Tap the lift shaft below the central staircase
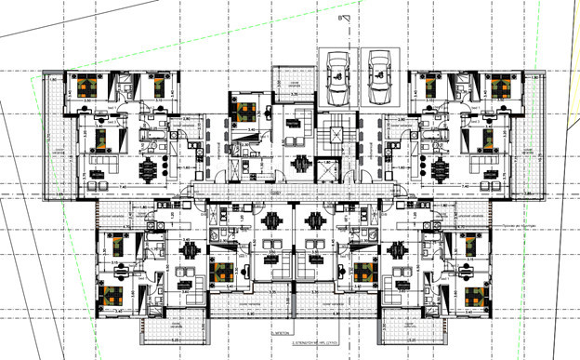coord(330,167)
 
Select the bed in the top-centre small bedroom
coord(244,113)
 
